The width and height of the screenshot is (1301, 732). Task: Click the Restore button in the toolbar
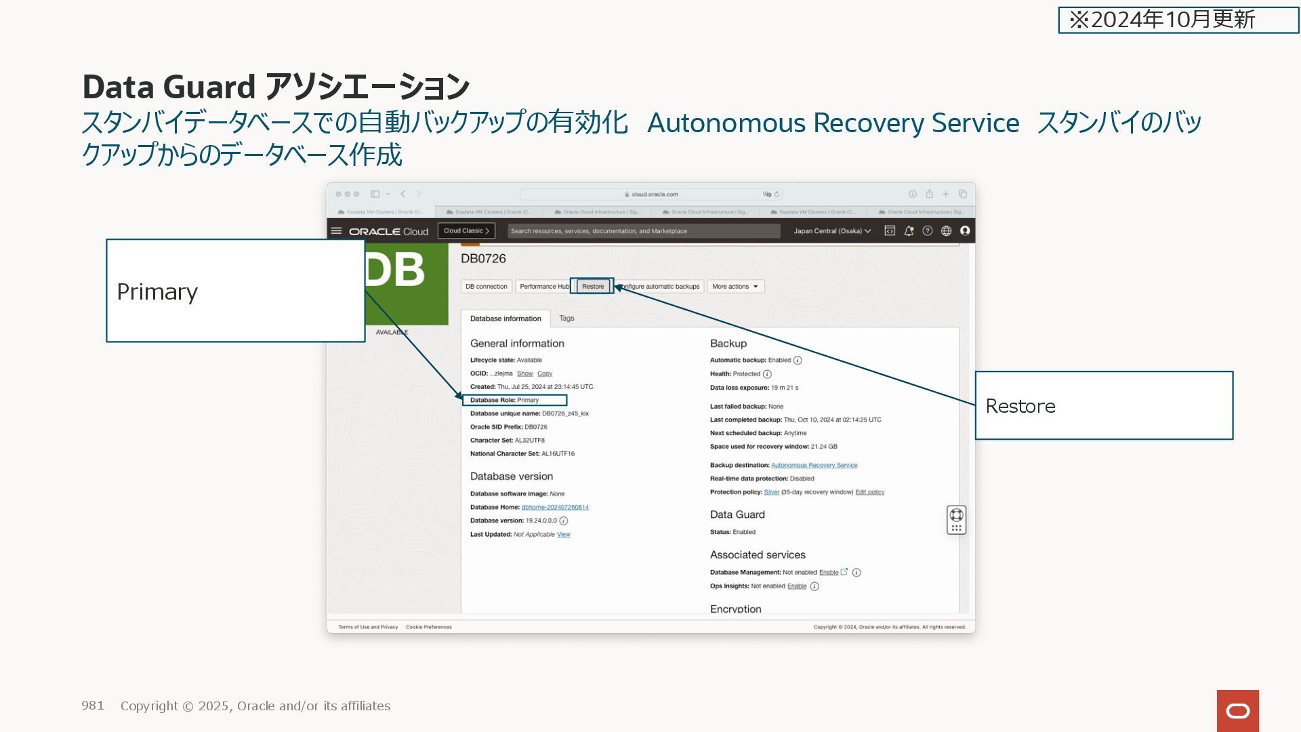592,287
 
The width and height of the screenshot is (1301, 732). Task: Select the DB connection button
486,287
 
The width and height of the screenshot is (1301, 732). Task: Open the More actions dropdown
735,287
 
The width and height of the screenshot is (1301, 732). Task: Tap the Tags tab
566,319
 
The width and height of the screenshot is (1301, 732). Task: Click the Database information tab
505,319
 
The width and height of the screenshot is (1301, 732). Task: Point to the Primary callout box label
157,291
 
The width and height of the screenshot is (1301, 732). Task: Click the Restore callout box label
1020,406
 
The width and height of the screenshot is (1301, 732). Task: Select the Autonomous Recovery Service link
814,466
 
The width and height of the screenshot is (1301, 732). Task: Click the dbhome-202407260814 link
554,508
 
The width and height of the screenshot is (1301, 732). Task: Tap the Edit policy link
869,492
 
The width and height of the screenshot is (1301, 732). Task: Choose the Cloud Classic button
466,231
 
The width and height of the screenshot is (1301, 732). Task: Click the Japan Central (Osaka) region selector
831,231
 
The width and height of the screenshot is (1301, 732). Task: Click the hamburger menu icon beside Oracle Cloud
336,231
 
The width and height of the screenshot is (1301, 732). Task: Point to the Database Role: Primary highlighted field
514,401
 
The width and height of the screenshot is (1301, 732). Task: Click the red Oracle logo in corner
1237,710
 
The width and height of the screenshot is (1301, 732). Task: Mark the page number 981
93,706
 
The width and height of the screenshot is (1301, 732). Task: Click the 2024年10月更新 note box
1178,20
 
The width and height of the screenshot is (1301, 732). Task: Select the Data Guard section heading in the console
737,515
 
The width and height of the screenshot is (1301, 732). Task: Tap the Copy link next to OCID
545,373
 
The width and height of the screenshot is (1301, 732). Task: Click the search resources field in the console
643,231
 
